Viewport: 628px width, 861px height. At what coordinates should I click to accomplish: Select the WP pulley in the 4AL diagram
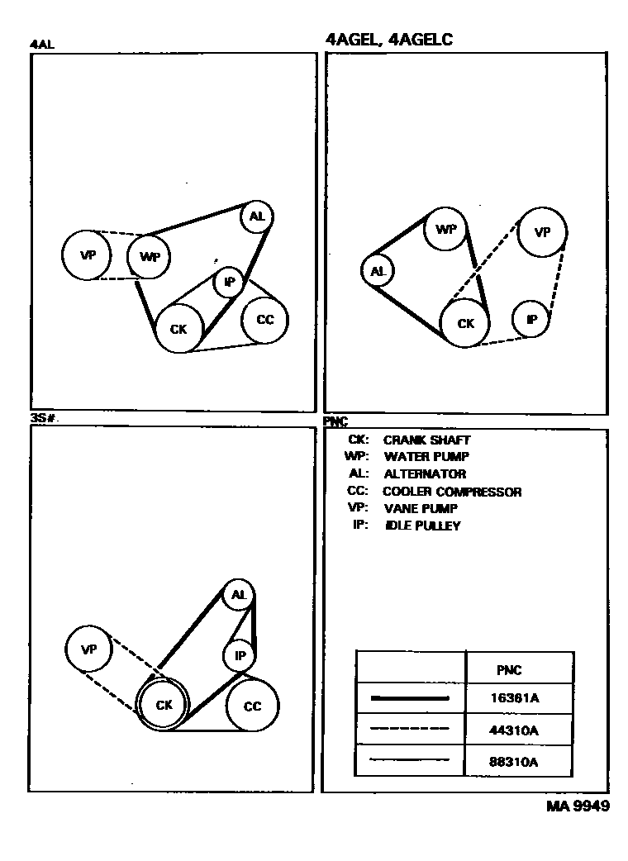click(x=150, y=256)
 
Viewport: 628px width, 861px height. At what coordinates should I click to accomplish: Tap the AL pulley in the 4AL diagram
click(x=257, y=216)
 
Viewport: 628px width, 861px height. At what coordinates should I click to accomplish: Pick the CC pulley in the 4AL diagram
click(x=264, y=320)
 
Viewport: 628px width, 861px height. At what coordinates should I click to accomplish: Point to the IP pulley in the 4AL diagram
click(x=230, y=283)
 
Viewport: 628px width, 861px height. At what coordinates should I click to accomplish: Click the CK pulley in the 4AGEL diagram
click(x=466, y=324)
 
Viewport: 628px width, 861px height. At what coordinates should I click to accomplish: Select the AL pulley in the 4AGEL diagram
click(x=378, y=271)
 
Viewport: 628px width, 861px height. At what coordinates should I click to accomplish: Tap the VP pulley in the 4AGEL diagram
click(x=542, y=232)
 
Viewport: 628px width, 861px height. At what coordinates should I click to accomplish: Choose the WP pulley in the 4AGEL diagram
click(x=446, y=229)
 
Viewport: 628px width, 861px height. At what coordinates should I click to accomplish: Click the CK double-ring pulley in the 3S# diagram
click(x=164, y=705)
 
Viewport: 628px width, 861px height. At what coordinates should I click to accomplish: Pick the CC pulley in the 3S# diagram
click(x=252, y=706)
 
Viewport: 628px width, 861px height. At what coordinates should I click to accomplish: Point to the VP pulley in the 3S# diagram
click(x=89, y=649)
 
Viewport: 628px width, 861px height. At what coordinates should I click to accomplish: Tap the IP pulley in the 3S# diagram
click(x=240, y=656)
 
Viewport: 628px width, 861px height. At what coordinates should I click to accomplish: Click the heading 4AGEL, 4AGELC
click(x=390, y=39)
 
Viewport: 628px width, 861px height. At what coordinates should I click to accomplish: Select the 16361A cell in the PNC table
click(x=515, y=697)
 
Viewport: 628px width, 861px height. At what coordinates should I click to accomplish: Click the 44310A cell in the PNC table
click(x=515, y=730)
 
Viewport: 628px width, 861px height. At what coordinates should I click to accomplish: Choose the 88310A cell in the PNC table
click(x=515, y=762)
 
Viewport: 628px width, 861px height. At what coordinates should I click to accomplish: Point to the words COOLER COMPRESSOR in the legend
click(x=452, y=492)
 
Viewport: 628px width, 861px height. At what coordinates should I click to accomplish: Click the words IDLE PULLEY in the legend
click(x=422, y=526)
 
